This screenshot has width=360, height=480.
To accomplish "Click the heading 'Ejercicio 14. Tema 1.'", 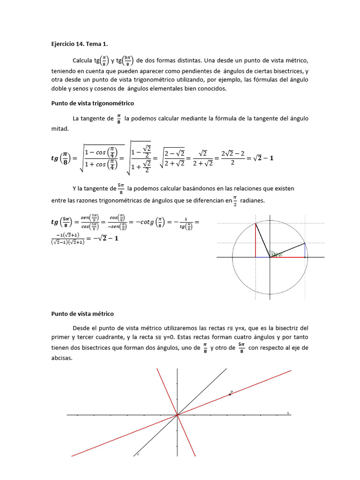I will click(79, 44).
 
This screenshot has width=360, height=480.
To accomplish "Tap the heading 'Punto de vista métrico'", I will click(82, 314).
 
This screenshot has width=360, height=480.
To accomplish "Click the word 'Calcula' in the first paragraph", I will click(82, 61).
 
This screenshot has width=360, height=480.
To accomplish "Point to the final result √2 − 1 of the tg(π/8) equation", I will click(262, 158).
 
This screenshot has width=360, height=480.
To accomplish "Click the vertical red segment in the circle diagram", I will click(255, 240).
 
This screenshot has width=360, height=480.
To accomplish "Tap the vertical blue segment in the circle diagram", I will click(305, 250).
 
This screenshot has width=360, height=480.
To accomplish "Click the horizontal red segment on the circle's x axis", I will click(287, 257).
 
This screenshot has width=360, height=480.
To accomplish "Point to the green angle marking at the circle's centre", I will click(276, 255).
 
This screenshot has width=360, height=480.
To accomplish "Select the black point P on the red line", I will click(230, 394).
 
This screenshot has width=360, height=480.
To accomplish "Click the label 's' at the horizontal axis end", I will click(288, 413).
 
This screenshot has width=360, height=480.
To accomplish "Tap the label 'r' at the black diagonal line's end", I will click(138, 454).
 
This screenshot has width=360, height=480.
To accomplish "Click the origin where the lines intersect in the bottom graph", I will click(177, 414).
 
